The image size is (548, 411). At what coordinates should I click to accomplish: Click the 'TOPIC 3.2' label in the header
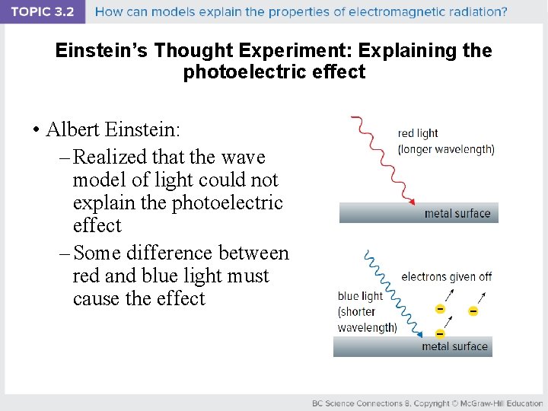[42, 11]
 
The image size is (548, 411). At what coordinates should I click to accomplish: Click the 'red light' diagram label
[418, 134]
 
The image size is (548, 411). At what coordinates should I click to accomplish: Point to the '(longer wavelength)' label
[446, 149]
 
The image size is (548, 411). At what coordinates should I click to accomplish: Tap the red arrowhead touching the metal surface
[411, 202]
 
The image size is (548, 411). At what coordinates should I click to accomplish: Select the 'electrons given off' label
[446, 277]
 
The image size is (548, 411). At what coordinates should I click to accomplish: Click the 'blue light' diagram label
[360, 296]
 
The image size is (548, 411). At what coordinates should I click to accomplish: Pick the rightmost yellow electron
[473, 311]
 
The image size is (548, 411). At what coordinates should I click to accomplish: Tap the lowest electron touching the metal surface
[440, 333]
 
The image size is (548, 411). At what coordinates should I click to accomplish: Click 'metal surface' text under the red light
[457, 214]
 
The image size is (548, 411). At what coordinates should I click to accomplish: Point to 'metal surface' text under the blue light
[454, 346]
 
